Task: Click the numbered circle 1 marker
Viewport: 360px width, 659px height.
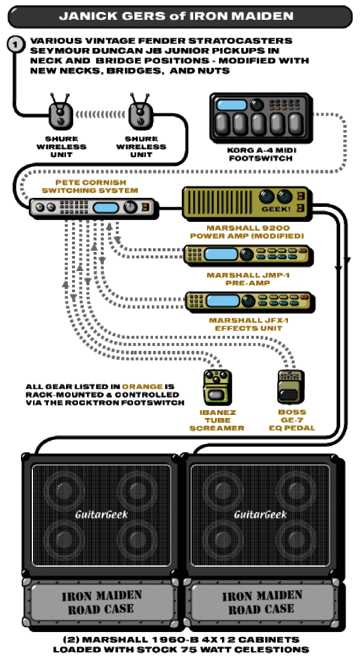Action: click(16, 44)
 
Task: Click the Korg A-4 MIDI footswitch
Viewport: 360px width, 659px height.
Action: click(261, 118)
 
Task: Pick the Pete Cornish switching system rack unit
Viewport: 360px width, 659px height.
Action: click(94, 207)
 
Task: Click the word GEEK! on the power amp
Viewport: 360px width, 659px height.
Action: click(276, 209)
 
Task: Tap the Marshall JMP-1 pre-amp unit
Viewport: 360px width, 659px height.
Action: click(249, 255)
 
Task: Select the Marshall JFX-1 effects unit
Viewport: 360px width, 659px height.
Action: click(250, 302)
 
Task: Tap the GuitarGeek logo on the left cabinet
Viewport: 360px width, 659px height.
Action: click(101, 514)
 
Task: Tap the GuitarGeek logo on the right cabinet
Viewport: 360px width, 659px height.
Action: click(260, 514)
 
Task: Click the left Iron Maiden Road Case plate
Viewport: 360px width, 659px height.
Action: click(101, 602)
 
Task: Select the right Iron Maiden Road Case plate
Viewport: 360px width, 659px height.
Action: click(261, 602)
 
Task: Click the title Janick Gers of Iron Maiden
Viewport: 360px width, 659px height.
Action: click(176, 16)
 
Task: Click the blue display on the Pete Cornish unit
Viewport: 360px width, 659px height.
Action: click(106, 207)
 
